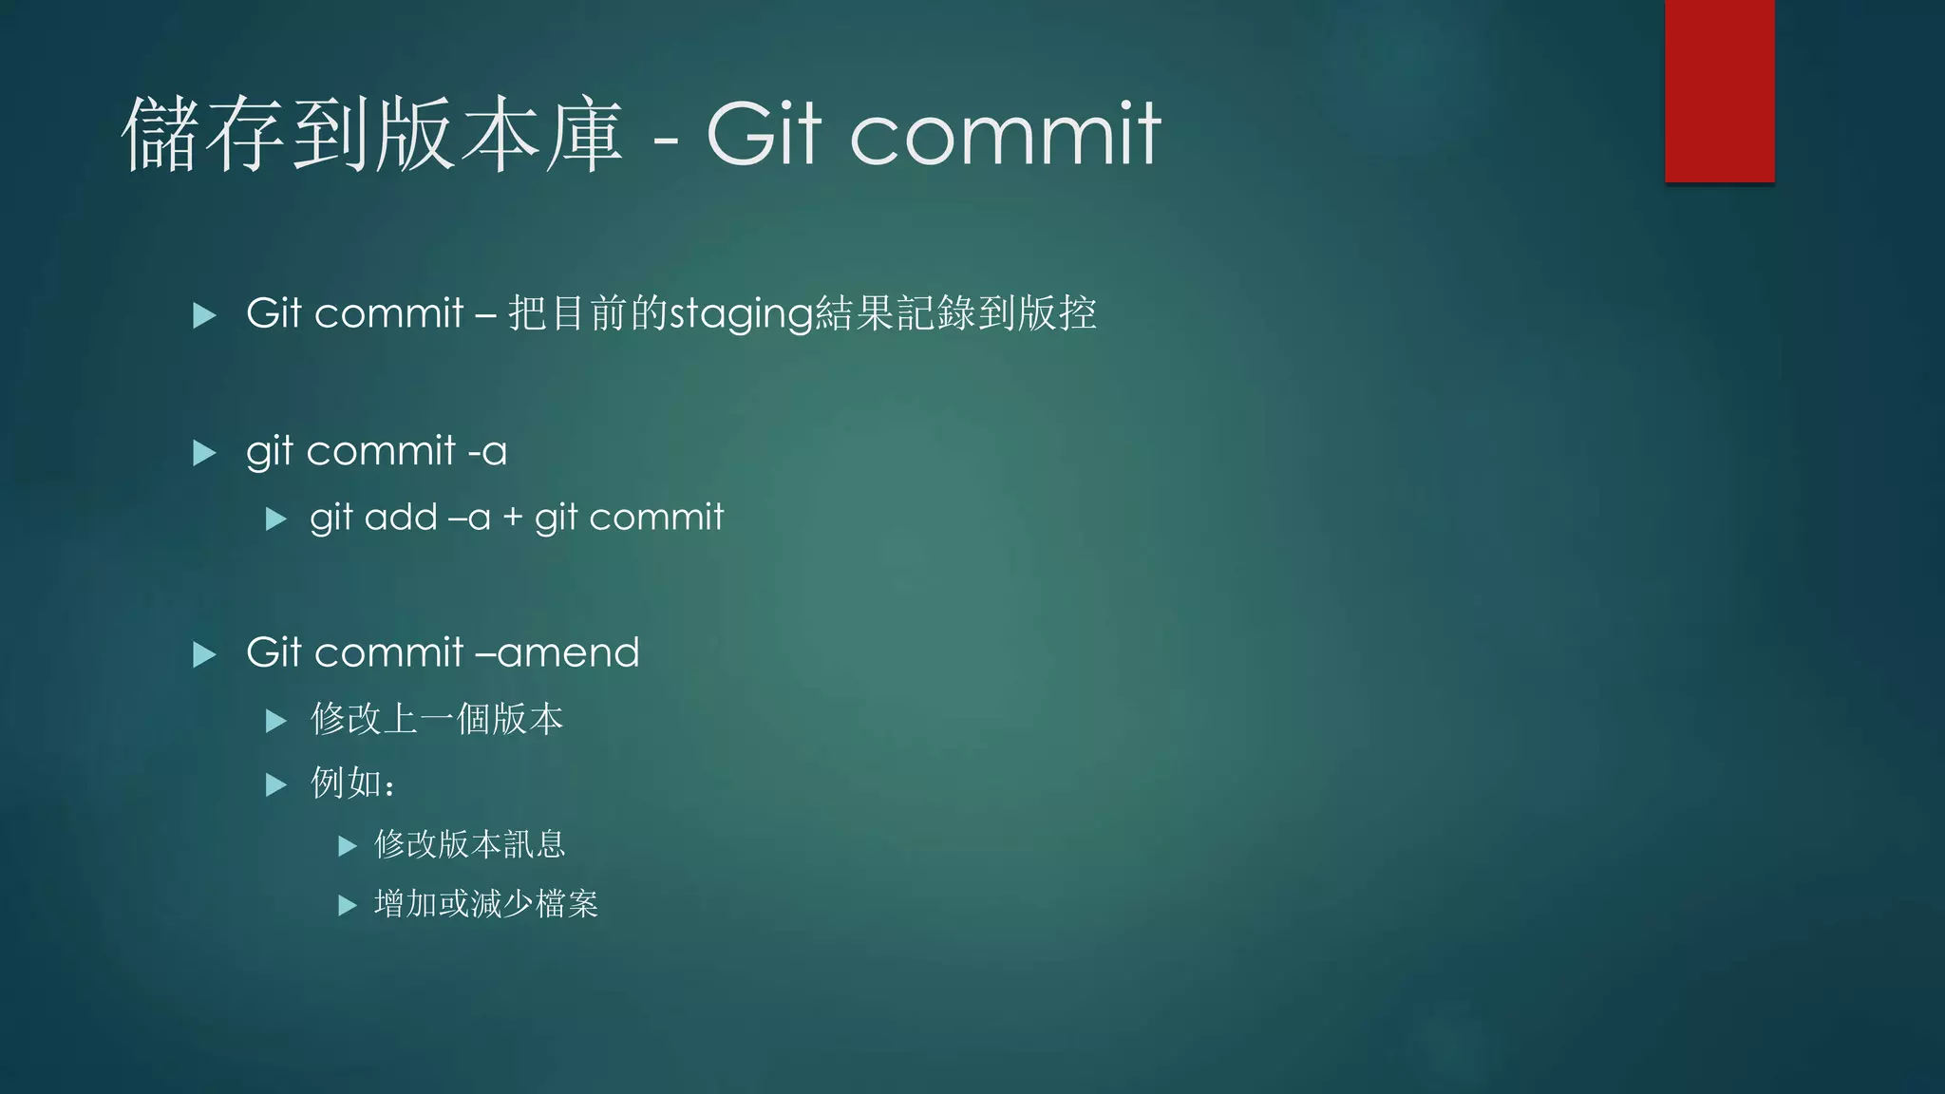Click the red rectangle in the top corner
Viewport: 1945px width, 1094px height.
1719,90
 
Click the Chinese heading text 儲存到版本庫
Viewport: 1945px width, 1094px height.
372,135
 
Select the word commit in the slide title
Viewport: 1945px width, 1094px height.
1005,135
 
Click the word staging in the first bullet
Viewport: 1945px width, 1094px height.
742,314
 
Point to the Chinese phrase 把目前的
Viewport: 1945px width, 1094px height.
588,313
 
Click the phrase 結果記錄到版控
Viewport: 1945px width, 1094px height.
956,313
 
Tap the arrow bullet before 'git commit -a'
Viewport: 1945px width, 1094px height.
204,452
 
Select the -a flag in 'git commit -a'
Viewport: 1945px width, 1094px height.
487,452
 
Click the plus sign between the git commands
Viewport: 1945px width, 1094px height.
513,518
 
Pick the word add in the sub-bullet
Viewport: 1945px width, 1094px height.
401,518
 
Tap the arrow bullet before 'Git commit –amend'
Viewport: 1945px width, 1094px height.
204,654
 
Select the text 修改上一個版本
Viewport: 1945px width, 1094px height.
437,719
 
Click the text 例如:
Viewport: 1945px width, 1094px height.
352,783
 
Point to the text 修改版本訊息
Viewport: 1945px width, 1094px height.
470,844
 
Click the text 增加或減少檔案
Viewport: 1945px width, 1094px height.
486,904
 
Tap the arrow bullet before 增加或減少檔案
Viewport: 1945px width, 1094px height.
348,905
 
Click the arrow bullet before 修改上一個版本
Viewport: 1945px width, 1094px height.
276,721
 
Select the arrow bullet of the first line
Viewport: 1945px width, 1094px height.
204,315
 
